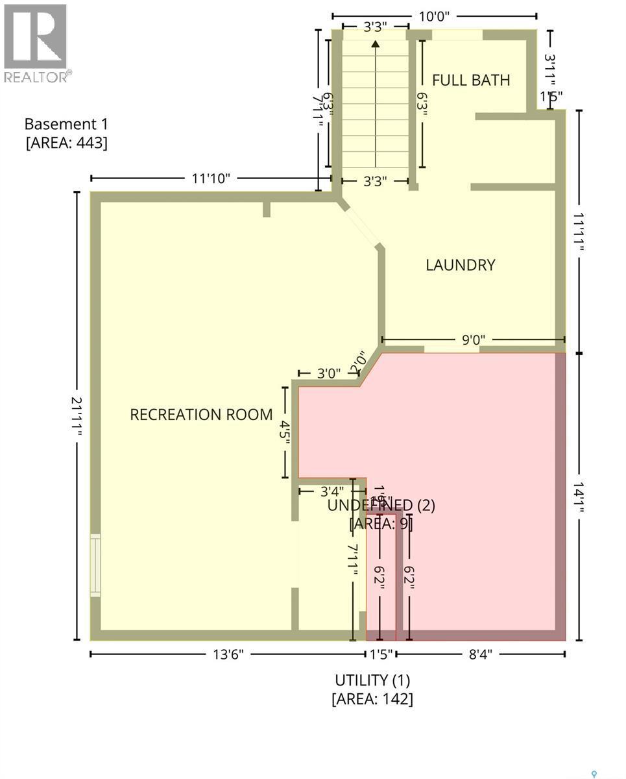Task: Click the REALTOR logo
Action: coord(36,43)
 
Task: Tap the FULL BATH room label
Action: coord(471,80)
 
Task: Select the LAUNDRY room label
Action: coord(460,265)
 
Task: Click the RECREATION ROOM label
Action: coord(201,415)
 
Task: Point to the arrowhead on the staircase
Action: coord(375,44)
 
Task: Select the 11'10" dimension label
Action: coord(211,179)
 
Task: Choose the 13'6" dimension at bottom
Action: coord(228,654)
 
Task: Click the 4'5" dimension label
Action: coord(284,432)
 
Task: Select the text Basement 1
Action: coord(66,124)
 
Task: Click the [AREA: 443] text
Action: coord(66,142)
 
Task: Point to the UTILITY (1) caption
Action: coord(372,680)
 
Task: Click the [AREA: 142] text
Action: coord(372,699)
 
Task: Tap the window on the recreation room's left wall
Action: coord(95,565)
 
